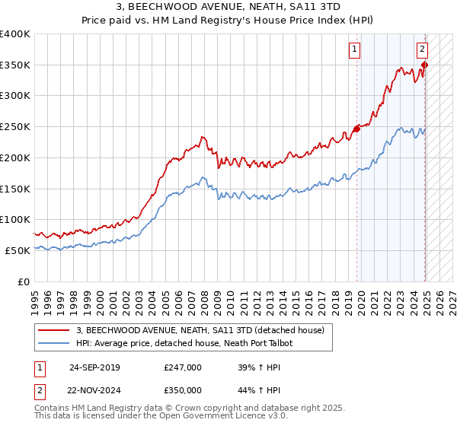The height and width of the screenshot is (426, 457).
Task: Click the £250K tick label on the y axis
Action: [15, 126]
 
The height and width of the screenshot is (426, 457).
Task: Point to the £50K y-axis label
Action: [18, 250]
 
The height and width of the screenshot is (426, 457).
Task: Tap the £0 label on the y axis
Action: [24, 281]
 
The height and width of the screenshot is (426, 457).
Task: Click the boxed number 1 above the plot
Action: [355, 50]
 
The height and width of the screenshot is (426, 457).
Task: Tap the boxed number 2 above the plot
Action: [422, 50]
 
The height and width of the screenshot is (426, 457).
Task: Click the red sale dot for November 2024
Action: [425, 65]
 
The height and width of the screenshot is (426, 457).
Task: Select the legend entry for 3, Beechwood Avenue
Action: [200, 330]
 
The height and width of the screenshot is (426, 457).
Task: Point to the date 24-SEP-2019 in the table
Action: [94, 367]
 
